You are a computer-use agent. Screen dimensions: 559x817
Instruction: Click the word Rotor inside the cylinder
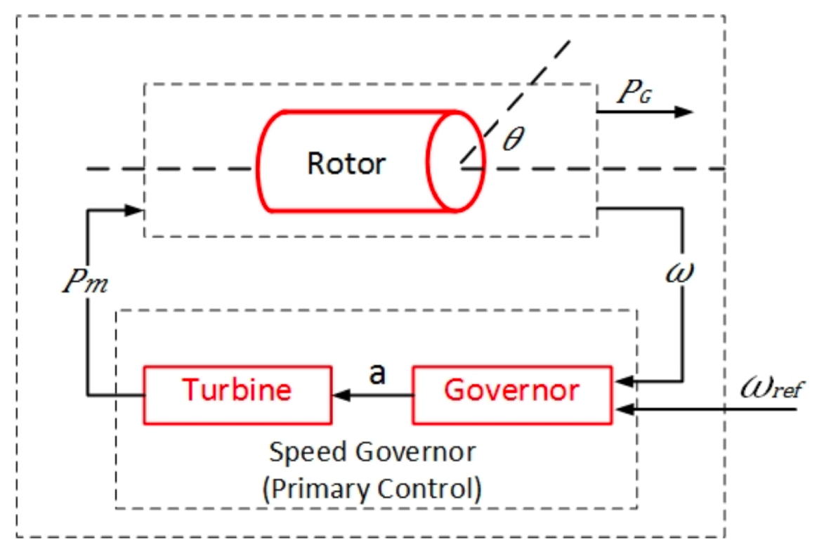(346, 164)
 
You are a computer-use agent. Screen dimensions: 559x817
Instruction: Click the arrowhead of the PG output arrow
(685, 112)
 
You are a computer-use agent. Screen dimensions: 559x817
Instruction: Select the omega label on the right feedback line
(679, 272)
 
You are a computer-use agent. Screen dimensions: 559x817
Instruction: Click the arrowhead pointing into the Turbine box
(340, 396)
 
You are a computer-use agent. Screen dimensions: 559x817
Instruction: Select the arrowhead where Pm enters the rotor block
(136, 209)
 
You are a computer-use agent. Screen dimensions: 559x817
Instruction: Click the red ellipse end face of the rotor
(456, 161)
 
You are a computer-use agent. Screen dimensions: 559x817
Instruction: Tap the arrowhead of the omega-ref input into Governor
(621, 407)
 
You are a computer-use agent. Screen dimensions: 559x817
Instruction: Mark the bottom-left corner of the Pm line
(87, 396)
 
